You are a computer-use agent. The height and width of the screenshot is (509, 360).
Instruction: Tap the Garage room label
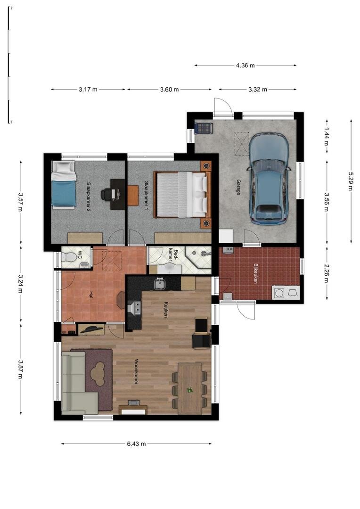pos(238,187)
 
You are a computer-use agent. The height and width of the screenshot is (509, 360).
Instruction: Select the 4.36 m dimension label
pos(245,65)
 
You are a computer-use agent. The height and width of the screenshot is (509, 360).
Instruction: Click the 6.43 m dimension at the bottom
pos(136,444)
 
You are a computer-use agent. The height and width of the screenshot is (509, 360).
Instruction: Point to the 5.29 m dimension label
pos(350,181)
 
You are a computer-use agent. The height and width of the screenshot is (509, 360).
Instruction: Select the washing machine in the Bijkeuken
pos(278,293)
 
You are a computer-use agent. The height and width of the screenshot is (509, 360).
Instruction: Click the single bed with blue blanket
pos(64,184)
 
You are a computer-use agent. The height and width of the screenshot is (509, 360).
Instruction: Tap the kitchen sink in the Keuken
pos(160,283)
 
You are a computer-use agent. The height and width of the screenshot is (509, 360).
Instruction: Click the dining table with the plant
pos(190,388)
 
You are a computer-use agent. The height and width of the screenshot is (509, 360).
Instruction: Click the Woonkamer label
pos(136,371)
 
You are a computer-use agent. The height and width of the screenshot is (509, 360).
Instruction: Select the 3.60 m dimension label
pos(170,89)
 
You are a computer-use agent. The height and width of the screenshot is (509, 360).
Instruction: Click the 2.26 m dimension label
pos(326,273)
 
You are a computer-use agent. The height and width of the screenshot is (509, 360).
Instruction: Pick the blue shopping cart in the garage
pos(204,128)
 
